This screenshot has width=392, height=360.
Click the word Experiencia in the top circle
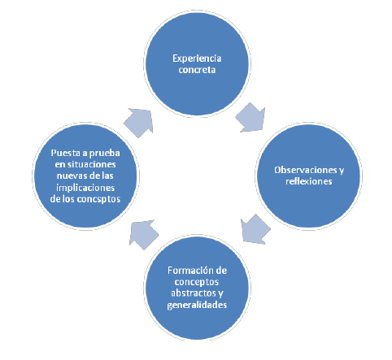197,59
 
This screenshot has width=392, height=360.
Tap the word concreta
197,70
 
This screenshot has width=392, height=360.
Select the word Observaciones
305,170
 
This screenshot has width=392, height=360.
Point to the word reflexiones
309,181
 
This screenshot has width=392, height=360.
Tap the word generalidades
197,305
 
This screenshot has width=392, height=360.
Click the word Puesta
66,153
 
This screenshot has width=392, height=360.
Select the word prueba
104,154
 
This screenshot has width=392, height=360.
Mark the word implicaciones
85,188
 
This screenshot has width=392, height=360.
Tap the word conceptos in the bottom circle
197,282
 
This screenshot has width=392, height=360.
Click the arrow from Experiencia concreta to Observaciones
250,118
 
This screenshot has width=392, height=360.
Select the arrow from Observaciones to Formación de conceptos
255,229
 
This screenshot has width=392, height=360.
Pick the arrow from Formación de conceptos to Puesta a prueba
144,234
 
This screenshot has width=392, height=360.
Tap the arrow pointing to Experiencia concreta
138,123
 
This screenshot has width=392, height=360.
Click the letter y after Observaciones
342,171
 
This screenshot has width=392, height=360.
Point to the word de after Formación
220,271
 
